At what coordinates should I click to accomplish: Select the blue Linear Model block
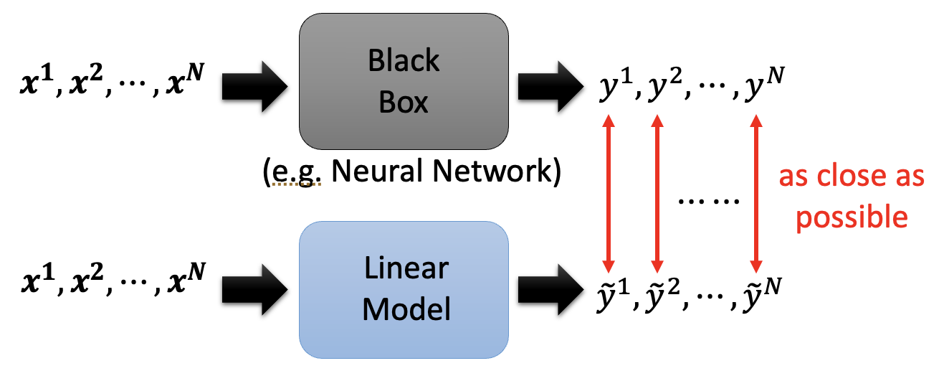click(404, 290)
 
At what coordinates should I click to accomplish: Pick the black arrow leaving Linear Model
click(548, 291)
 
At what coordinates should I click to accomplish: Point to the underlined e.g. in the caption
click(296, 173)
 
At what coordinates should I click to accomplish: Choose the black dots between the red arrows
click(708, 200)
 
